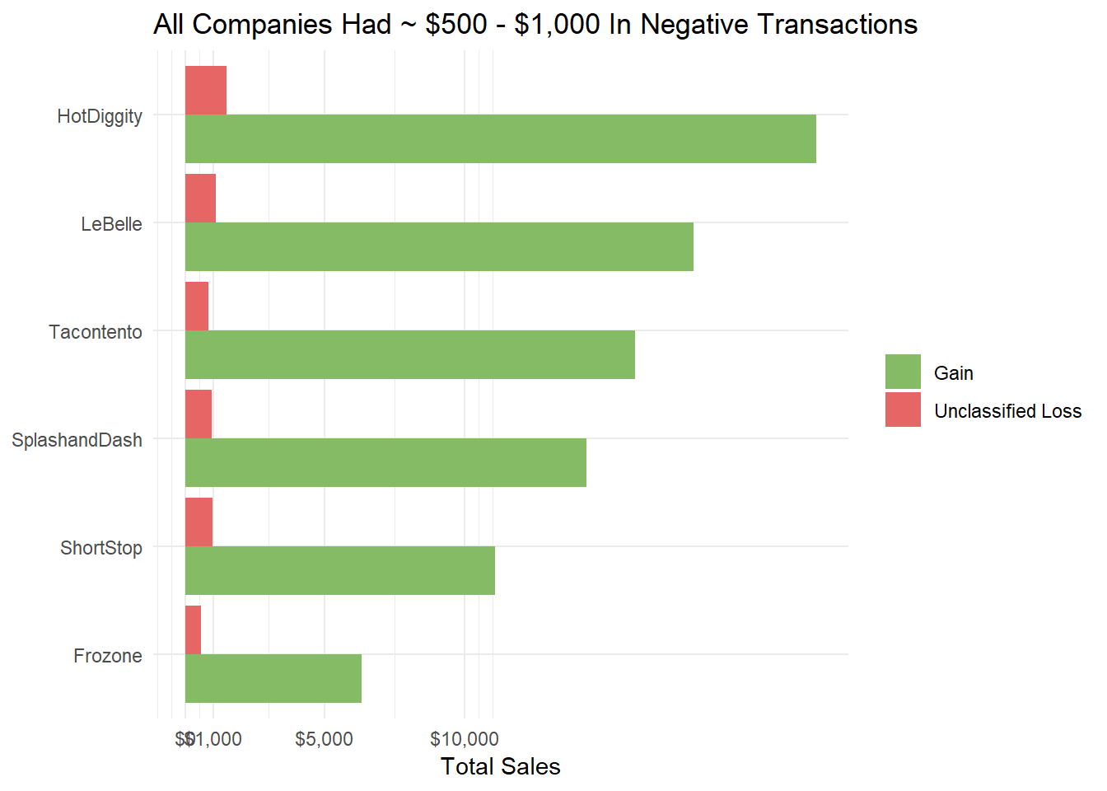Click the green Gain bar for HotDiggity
coord(500,138)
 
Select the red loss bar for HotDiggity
coord(205,91)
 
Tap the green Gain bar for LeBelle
coord(439,246)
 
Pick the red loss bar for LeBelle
coord(200,199)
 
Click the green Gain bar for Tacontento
coord(409,354)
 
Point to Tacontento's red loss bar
coord(197,307)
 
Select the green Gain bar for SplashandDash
coord(385,462)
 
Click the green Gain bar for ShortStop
coord(339,570)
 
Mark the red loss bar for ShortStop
coord(199,522)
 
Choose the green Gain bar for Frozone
coord(273,678)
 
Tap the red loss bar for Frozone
coord(193,630)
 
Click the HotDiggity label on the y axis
coord(100,116)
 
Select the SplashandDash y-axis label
coord(77,440)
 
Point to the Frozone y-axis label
coord(108,656)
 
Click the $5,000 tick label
coord(324,739)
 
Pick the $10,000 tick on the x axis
coord(465,739)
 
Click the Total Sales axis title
coord(500,766)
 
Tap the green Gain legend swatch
coord(903,372)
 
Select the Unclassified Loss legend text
coord(1007,411)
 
